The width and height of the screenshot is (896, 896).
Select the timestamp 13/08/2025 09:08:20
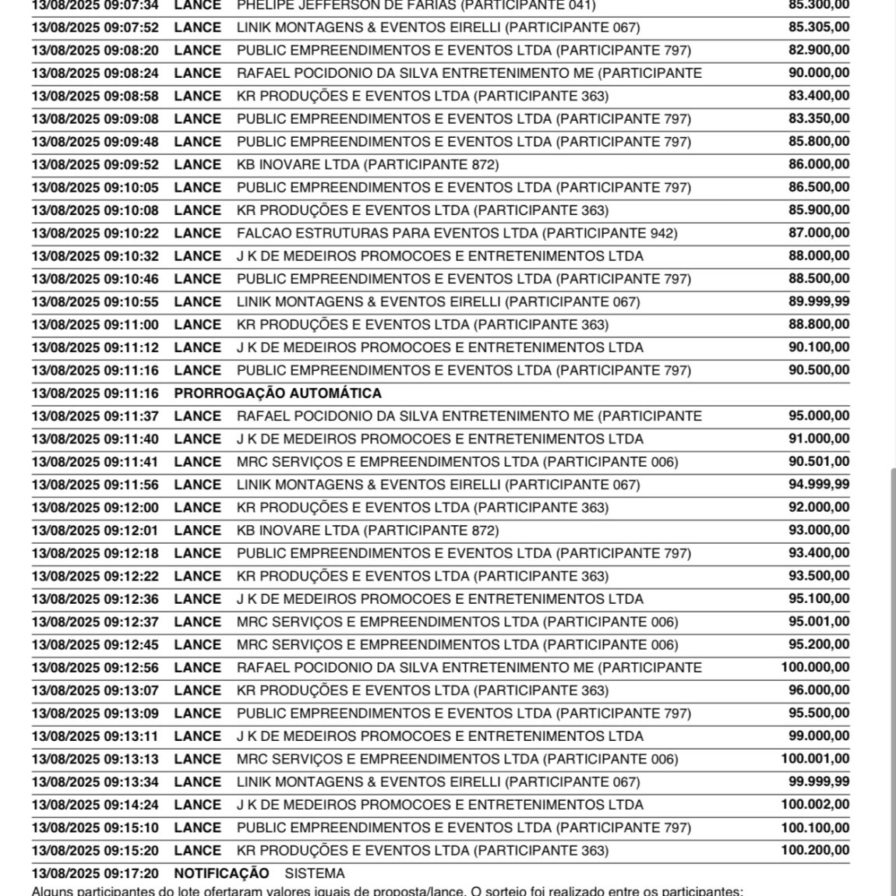coord(95,51)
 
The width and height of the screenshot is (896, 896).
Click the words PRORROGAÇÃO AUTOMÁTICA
coord(277,393)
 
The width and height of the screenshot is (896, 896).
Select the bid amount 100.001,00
coord(815,759)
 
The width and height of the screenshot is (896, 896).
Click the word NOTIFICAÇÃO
coord(221,873)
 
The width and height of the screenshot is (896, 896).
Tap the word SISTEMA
coord(314,873)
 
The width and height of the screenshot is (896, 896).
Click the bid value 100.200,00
coord(815,850)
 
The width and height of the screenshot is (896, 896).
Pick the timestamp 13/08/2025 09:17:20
coord(95,873)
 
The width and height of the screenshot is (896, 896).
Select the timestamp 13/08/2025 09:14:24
coord(95,805)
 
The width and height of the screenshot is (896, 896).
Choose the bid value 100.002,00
coord(815,805)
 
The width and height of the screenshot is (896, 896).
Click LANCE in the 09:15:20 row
coord(197,850)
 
